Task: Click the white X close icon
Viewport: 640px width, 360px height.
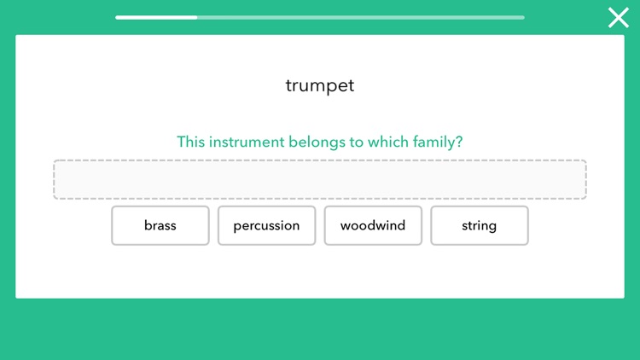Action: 618,17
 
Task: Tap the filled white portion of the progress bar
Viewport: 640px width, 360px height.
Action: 156,17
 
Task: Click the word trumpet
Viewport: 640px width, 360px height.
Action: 320,85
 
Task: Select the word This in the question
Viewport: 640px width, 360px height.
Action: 191,142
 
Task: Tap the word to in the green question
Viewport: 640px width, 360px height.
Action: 357,142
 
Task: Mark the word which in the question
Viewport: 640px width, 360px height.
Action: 389,142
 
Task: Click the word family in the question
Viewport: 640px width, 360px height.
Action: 434,142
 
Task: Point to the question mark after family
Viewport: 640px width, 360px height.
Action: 459,142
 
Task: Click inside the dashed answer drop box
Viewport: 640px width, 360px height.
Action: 320,180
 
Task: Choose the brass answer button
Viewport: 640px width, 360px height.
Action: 160,226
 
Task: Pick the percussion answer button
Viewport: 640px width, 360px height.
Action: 266,226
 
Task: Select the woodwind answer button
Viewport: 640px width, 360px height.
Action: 373,226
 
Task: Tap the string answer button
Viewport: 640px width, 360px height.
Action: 480,226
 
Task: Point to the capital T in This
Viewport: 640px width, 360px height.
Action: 181,142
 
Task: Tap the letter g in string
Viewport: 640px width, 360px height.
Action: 493,228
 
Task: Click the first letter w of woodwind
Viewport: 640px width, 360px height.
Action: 345,226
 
